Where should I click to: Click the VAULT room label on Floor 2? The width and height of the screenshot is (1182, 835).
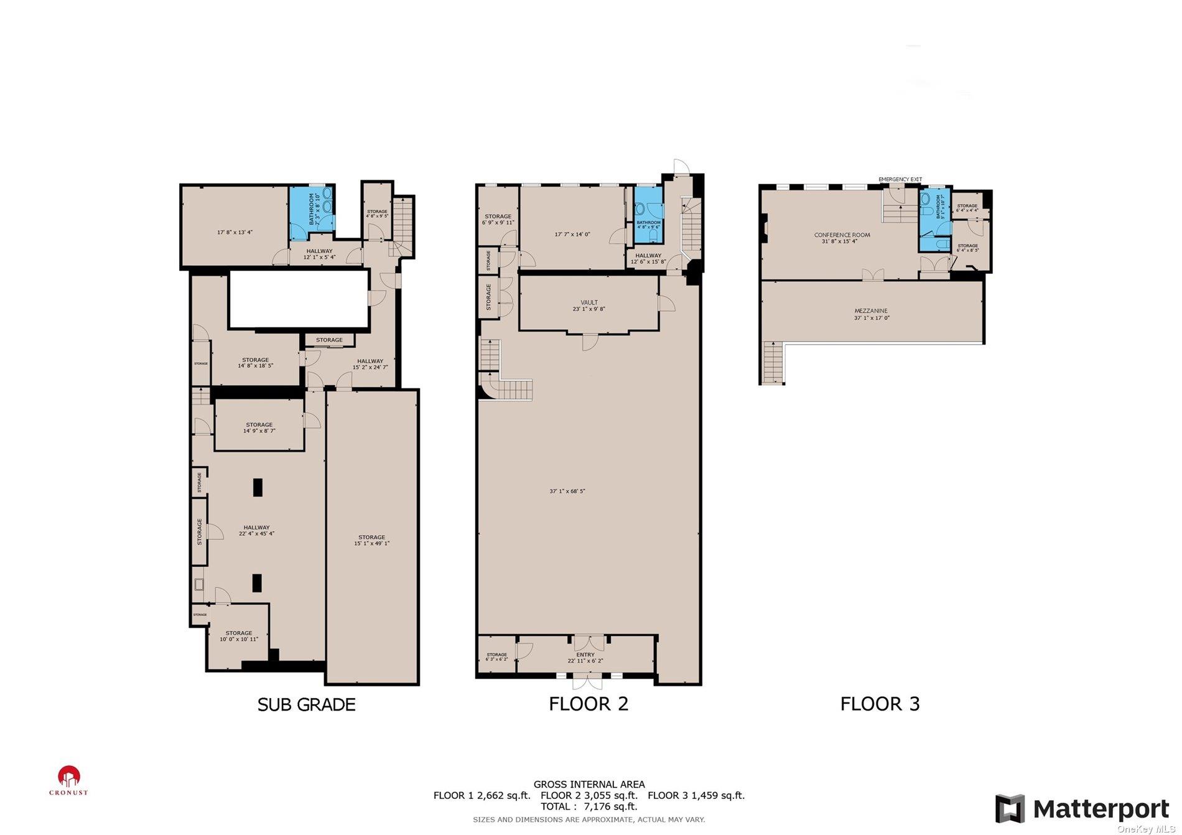coord(589,306)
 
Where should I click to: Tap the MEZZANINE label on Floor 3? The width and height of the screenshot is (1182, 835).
coord(870,314)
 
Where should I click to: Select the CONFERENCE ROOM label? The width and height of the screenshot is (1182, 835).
coord(842,238)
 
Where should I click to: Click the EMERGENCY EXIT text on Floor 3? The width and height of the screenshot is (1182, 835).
coord(900,179)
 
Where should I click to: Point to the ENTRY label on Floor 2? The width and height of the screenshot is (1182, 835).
coord(585,658)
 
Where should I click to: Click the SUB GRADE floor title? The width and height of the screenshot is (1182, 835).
coord(306,704)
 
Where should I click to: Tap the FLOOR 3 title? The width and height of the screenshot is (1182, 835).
coord(880,704)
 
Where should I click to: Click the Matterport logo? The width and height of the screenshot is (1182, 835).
coord(1082,809)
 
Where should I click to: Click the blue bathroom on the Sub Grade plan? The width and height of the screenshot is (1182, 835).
coord(312,212)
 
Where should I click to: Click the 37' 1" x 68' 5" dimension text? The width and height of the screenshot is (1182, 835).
coord(567,491)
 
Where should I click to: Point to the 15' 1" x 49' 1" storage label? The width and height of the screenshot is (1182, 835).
coord(371,540)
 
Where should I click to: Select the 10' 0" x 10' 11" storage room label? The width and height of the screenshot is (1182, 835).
coord(238,636)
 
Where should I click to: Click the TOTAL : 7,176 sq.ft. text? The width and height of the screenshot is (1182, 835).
coord(589,806)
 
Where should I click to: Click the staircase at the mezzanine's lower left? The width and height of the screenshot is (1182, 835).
coord(771,363)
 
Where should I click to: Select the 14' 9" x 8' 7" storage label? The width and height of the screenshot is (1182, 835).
coord(259,427)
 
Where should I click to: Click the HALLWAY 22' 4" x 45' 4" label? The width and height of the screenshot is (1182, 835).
coord(256,530)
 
